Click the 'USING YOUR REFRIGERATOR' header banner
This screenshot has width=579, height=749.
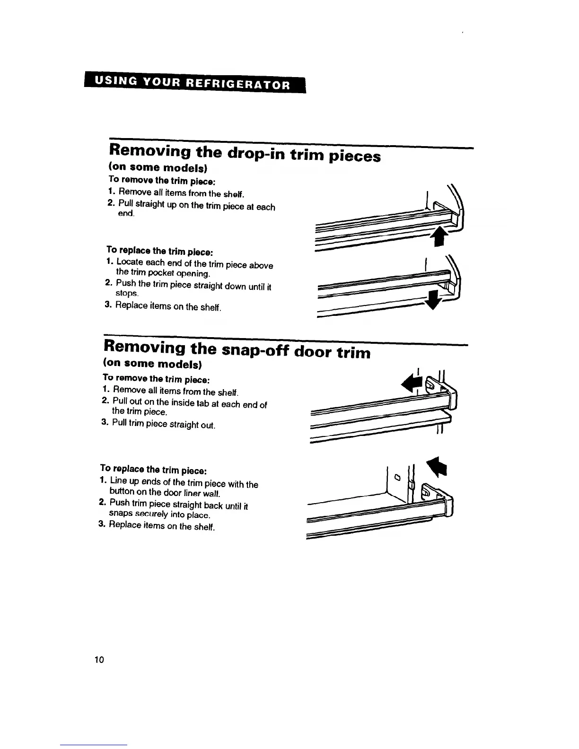point(194,85)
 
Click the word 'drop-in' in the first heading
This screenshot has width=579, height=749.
point(255,153)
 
